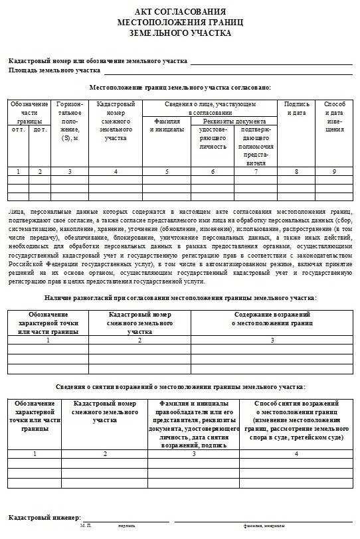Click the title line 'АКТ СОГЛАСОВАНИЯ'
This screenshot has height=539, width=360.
pos(180,12)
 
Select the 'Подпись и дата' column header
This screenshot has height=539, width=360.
pos(296,109)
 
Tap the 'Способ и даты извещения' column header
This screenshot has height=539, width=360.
pos(334,114)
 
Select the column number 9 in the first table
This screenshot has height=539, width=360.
pos(334,172)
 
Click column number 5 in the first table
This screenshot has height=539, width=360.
pos(167,172)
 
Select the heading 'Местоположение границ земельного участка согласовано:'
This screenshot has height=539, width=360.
pos(180,88)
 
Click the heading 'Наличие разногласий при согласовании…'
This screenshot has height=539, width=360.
pos(180,299)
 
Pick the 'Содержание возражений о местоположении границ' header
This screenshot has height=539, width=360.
pos(271,317)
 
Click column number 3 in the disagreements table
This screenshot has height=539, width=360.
pos(271,341)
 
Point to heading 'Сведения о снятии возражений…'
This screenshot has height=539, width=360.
pos(180,386)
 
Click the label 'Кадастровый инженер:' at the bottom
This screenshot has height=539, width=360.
pos(45,516)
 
